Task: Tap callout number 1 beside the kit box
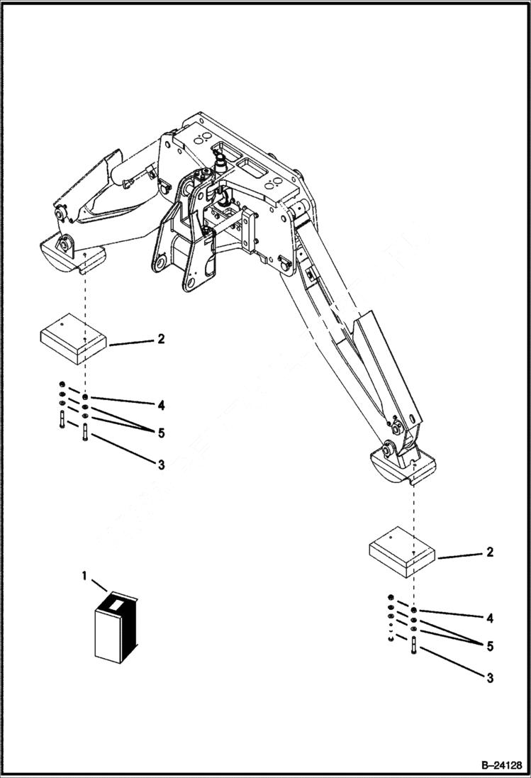[85, 577]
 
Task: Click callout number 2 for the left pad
[161, 340]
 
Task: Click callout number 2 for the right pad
[490, 552]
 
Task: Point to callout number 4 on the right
[490, 618]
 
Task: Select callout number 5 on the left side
[161, 432]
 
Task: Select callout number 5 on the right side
[490, 646]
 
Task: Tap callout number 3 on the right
[490, 678]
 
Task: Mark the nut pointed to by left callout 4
[85, 398]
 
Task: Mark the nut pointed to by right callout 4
[414, 611]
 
